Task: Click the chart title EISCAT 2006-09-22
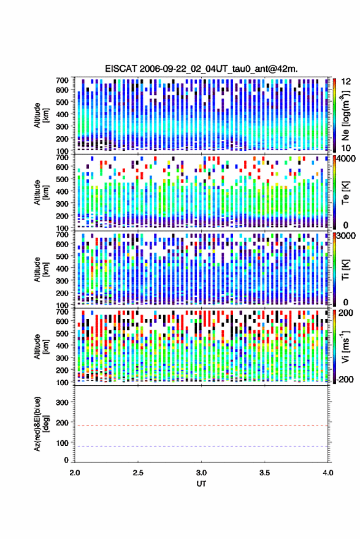tap(201, 69)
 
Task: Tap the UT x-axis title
tap(201, 484)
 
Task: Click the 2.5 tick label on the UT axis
tap(138, 473)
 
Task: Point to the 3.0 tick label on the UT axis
tap(202, 473)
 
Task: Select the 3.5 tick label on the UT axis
tap(265, 473)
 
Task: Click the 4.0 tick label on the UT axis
tap(328, 473)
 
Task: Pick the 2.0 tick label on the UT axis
tap(75, 473)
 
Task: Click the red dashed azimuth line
tap(201, 426)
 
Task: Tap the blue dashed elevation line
tap(201, 446)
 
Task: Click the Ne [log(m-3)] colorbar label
tap(345, 115)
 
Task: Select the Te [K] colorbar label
tap(345, 193)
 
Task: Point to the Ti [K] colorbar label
tap(345, 270)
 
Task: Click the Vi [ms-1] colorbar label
tap(345, 346)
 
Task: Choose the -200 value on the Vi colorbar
tap(345, 379)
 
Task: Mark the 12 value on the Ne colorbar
tap(346, 82)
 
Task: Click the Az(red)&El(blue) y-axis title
tap(41, 424)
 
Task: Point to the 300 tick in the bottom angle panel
tap(62, 402)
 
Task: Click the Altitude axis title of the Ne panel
tap(41, 115)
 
